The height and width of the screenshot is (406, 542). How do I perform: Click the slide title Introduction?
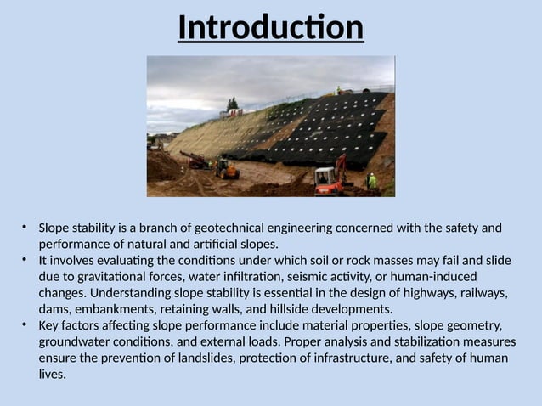pyautogui.click(x=270, y=27)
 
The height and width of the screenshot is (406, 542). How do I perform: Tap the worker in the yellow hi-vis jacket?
pyautogui.click(x=371, y=181)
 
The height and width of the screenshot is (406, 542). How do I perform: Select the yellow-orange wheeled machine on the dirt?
pyautogui.click(x=227, y=168)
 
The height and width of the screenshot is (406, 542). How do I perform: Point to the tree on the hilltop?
pyautogui.click(x=232, y=104)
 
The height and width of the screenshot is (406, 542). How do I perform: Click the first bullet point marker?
pyautogui.click(x=25, y=228)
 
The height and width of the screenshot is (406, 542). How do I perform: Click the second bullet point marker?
pyautogui.click(x=25, y=260)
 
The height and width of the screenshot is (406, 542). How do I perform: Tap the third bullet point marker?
pyautogui.click(x=25, y=325)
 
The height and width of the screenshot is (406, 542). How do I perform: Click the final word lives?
pyautogui.click(x=51, y=374)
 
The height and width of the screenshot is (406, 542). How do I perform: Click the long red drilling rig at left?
pyautogui.click(x=194, y=159)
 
